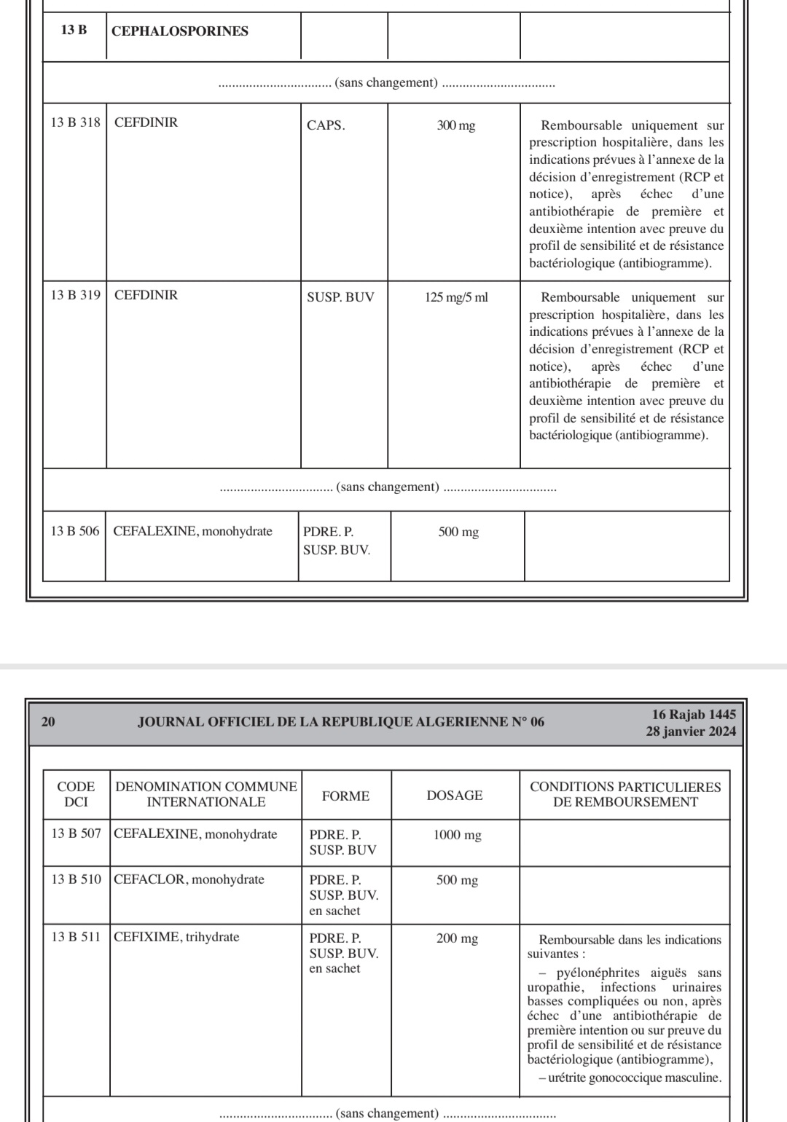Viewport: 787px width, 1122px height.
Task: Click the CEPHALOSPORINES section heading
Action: (180, 31)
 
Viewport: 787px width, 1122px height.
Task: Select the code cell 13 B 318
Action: (75, 122)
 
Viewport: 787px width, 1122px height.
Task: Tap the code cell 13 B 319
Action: (75, 295)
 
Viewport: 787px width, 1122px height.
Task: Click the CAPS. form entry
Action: (326, 125)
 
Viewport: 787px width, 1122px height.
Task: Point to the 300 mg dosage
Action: (456, 125)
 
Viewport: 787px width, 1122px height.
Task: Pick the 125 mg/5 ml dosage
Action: (456, 297)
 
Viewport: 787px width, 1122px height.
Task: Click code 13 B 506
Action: (74, 531)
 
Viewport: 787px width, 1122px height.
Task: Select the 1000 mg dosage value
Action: (457, 835)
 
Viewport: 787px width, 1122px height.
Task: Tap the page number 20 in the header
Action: (48, 722)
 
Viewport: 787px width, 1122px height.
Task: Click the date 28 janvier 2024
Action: (691, 731)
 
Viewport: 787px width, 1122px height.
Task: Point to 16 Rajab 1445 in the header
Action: (694, 715)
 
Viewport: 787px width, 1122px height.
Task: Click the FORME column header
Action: (345, 796)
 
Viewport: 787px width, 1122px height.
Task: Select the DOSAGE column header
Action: (455, 796)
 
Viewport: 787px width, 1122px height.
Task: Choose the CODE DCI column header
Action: (76, 794)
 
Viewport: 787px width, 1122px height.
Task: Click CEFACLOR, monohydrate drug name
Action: (189, 879)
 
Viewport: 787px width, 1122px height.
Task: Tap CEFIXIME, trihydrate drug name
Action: (177, 937)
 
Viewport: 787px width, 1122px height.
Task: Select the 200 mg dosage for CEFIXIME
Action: (457, 938)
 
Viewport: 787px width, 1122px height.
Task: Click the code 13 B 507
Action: (76, 833)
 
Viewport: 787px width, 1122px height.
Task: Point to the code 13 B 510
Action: (76, 879)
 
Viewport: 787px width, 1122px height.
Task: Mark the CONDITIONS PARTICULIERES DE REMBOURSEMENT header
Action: (625, 794)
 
